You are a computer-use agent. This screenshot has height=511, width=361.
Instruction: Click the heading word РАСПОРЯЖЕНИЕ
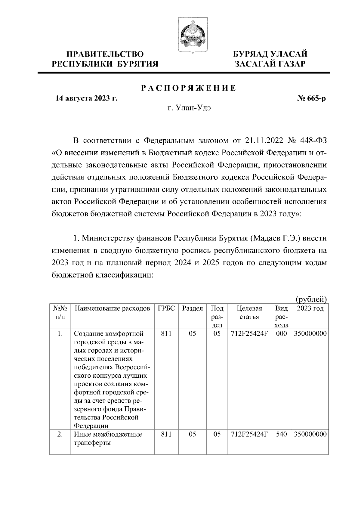point(189,88)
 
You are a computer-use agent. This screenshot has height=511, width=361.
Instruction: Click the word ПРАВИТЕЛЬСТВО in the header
point(105,54)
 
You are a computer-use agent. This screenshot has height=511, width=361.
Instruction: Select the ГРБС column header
point(166,308)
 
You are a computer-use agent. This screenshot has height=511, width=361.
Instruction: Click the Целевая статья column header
point(249,313)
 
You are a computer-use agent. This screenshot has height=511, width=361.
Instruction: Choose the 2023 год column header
point(310,308)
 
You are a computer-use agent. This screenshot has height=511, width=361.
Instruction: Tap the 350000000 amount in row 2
point(310,434)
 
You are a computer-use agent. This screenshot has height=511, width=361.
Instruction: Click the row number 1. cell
point(60,334)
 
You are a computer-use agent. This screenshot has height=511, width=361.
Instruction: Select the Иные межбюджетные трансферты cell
point(108,438)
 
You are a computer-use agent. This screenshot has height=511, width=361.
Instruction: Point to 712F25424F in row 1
point(249,334)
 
